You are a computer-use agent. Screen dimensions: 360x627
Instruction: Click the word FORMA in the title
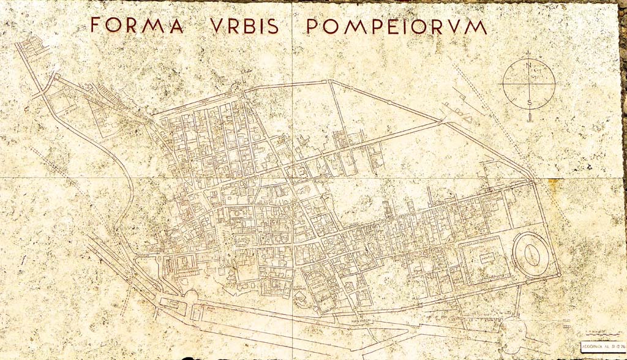point(137,25)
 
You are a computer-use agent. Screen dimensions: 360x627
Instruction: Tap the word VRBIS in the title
point(244,26)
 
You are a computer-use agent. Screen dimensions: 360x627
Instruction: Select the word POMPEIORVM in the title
point(396,26)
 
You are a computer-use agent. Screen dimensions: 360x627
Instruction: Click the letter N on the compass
point(528,66)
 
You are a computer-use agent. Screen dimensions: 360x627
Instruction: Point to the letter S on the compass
point(529,102)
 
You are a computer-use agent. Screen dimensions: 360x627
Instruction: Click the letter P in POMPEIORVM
point(312,26)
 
